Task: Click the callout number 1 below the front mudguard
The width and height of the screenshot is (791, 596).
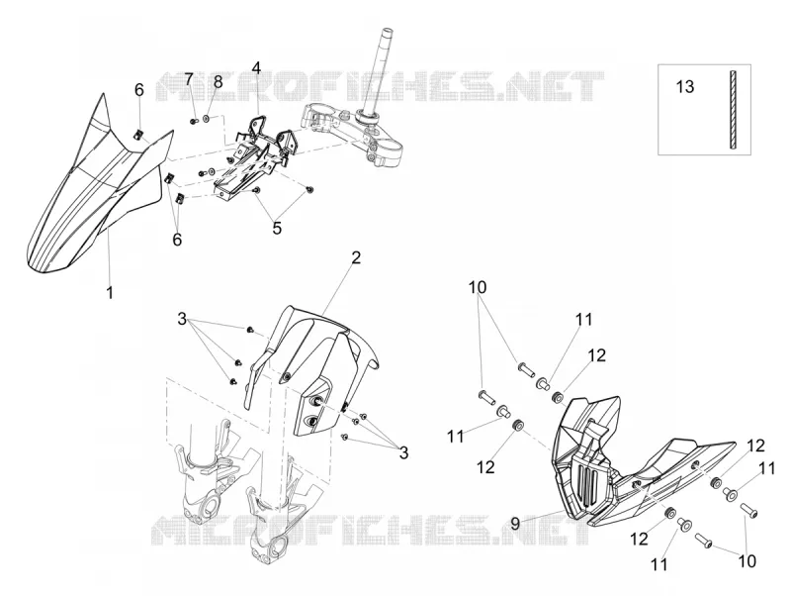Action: pyautogui.click(x=110, y=292)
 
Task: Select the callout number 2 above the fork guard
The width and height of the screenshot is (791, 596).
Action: pyautogui.click(x=356, y=258)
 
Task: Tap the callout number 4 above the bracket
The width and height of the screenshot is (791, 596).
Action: pyautogui.click(x=257, y=67)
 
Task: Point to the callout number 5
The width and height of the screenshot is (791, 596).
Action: pyautogui.click(x=277, y=228)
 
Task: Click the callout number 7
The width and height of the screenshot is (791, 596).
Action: pyautogui.click(x=189, y=79)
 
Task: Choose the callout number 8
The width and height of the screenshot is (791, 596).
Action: pyautogui.click(x=218, y=81)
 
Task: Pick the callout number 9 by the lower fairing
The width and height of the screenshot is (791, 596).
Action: pyautogui.click(x=515, y=524)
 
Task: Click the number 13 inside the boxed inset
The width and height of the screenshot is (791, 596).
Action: pyautogui.click(x=685, y=87)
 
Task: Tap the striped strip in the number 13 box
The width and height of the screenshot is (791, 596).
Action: pyautogui.click(x=733, y=109)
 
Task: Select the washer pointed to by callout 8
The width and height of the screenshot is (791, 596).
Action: pyautogui.click(x=207, y=119)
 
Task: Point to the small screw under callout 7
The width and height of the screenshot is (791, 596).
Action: pyautogui.click(x=194, y=121)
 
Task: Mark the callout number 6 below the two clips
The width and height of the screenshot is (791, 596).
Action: pyautogui.click(x=177, y=240)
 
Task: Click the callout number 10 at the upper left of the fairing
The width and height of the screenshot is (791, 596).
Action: pyautogui.click(x=478, y=287)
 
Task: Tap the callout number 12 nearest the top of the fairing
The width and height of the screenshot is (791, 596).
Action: pyautogui.click(x=596, y=355)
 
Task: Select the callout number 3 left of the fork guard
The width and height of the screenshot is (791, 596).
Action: pyautogui.click(x=182, y=319)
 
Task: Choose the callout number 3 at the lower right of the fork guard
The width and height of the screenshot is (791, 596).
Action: pyautogui.click(x=403, y=453)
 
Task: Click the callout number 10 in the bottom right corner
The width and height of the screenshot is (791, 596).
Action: pyautogui.click(x=747, y=560)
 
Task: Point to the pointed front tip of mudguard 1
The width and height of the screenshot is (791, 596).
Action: pyautogui.click(x=103, y=94)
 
